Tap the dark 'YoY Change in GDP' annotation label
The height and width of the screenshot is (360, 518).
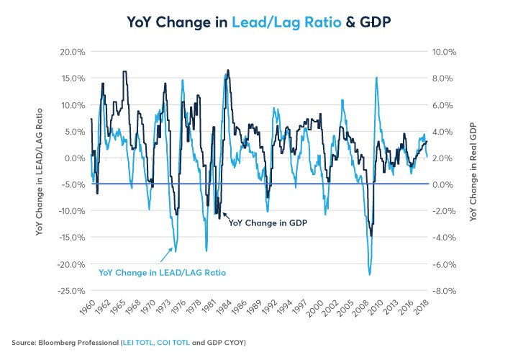coord(268,223)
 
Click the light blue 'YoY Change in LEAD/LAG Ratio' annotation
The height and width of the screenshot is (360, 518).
coord(162,272)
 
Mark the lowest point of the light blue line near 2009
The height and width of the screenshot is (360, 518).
coord(370,275)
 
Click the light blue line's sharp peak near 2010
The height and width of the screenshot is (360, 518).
coord(376,78)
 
